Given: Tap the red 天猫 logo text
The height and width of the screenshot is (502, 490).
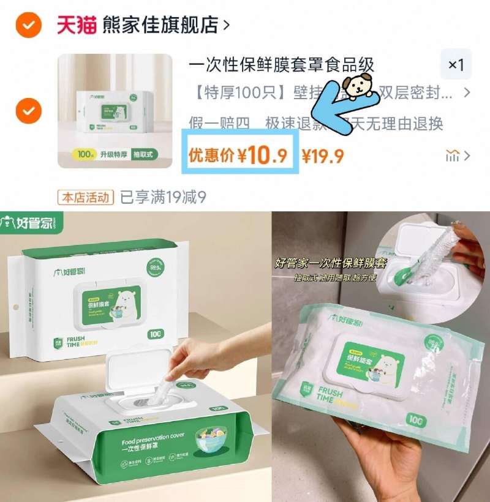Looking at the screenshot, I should click(77, 24).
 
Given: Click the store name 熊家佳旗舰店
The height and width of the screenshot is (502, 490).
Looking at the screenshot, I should click(160, 24).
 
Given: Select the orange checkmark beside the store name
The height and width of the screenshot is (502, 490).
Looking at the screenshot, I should click(28, 25).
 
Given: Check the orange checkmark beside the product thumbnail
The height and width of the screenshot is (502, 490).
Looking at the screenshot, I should click(28, 111).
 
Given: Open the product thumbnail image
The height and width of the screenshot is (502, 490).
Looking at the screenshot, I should click(115, 111).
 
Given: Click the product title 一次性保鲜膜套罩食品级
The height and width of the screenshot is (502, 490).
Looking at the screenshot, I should click(281, 65).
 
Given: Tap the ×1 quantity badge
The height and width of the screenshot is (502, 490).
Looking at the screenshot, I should click(456, 65).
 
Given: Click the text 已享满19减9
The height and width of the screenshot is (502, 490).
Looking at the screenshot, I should click(163, 197).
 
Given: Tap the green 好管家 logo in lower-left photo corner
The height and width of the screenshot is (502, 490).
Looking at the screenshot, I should click(28, 223).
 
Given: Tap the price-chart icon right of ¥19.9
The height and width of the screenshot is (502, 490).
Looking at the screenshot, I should click(453, 156).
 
